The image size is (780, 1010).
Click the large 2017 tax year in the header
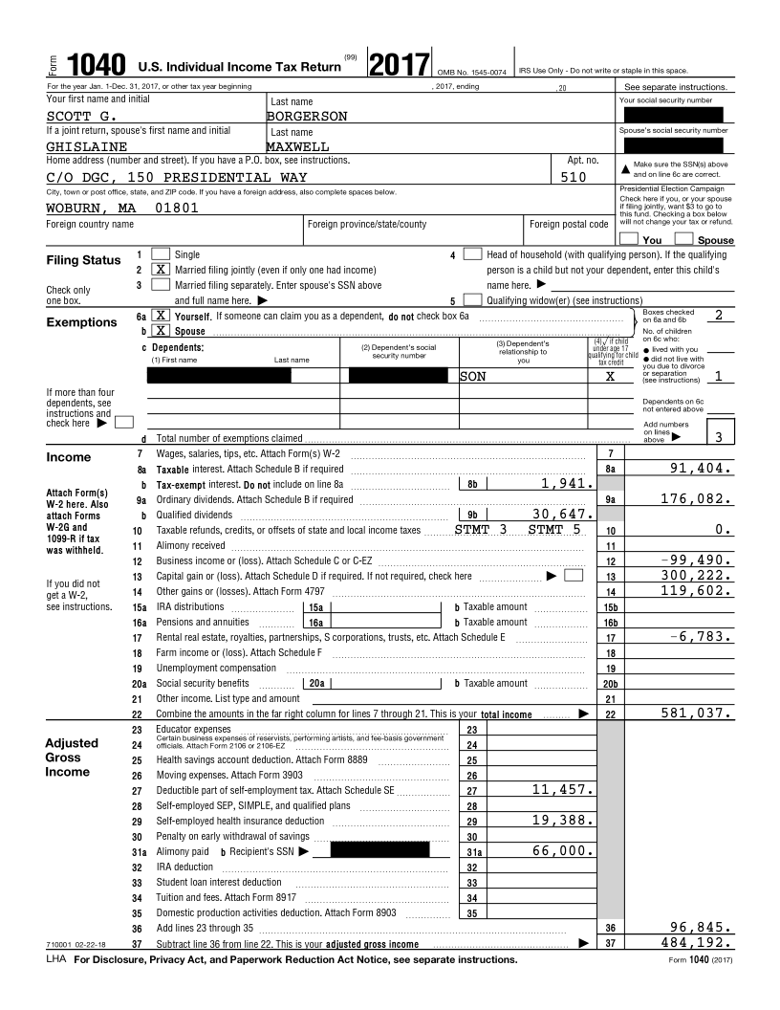point(399,64)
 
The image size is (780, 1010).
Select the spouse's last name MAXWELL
point(297,147)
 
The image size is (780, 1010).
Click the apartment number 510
point(574,177)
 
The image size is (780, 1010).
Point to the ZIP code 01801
point(177,208)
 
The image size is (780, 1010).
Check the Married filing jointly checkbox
point(162,270)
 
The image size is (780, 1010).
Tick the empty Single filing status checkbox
point(162,254)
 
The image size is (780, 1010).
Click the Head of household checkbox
point(472,254)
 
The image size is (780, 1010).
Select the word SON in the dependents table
point(473,377)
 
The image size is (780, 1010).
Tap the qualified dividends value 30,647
point(564,514)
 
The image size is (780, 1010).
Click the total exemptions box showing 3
point(720,437)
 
